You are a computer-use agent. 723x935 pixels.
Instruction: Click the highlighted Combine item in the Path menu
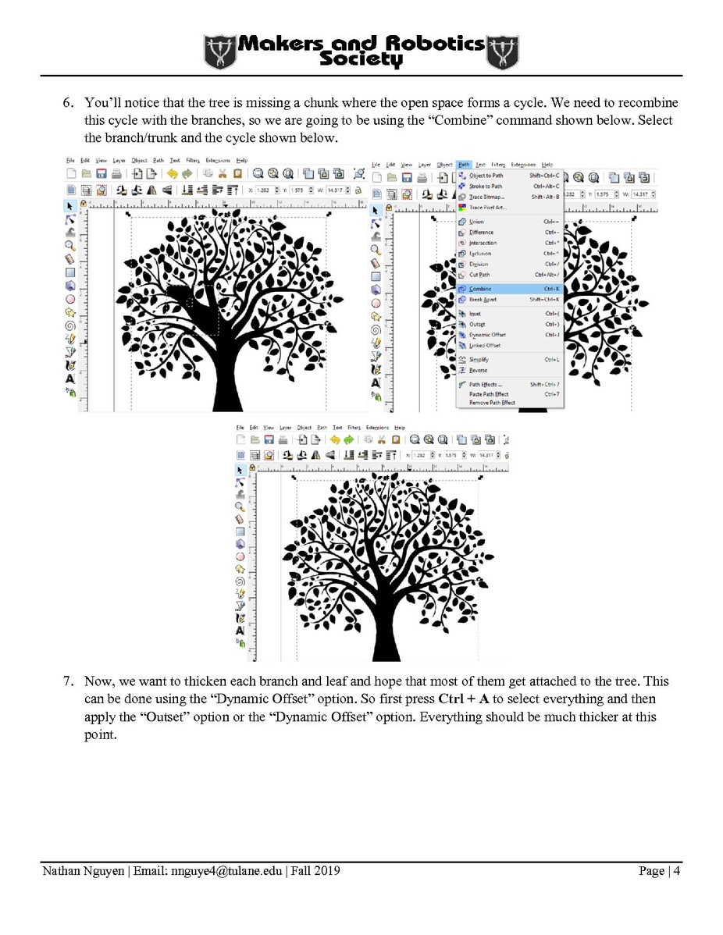481,289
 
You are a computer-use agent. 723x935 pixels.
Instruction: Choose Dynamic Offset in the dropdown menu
487,335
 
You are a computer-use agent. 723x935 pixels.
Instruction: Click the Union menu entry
476,222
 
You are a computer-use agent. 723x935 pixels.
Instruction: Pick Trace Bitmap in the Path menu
487,197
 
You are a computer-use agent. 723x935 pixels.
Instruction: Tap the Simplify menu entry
479,359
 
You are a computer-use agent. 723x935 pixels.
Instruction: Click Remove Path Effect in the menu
492,403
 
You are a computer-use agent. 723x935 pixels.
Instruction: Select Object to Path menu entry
486,176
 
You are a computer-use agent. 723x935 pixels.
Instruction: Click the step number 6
69,103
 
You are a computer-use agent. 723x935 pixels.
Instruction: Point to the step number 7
69,681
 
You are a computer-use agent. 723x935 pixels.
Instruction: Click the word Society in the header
361,60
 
